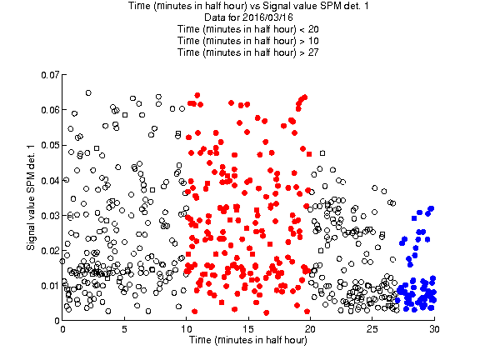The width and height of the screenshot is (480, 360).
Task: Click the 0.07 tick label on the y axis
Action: [x=50, y=75]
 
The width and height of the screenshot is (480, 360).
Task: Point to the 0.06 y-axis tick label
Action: [x=50, y=110]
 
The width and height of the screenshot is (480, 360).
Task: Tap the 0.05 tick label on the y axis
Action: [x=50, y=145]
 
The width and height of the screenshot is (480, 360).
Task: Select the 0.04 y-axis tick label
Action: [x=50, y=180]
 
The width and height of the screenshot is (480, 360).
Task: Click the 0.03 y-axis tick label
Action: [x=50, y=216]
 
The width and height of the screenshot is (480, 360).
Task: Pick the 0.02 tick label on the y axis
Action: [x=50, y=251]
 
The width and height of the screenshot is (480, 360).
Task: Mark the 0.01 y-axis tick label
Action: [x=50, y=286]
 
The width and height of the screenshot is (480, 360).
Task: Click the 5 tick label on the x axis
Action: [x=124, y=329]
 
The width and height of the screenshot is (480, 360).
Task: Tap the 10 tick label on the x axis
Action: [x=186, y=329]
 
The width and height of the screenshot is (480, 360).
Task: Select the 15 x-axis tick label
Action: [x=248, y=329]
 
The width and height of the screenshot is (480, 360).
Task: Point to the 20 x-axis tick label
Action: [x=310, y=329]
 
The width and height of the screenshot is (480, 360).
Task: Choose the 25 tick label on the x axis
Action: [x=372, y=329]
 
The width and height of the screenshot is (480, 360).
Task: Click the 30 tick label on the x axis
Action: [x=434, y=329]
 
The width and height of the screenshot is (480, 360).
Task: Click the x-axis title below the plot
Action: [x=248, y=340]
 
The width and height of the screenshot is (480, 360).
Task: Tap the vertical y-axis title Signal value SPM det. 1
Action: [x=31, y=197]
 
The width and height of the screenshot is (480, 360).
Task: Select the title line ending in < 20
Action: [x=248, y=29]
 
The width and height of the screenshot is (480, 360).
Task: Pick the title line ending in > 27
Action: [x=248, y=52]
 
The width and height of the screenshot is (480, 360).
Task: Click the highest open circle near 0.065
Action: [x=88, y=92]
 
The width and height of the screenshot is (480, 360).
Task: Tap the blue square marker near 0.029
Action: [x=414, y=218]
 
